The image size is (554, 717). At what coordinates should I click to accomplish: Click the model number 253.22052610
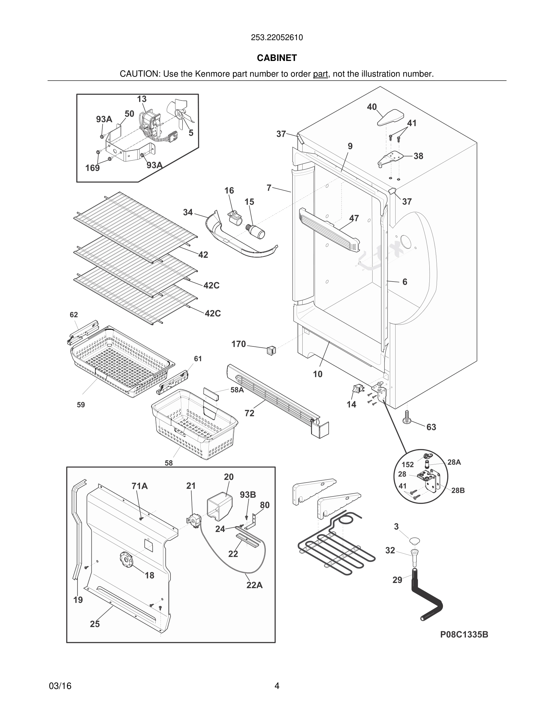coord(277,38)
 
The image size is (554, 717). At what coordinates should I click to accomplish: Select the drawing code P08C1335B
coord(464,635)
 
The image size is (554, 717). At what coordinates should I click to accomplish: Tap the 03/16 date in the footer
coord(60,686)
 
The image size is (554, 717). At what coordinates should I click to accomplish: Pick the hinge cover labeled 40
coord(390,117)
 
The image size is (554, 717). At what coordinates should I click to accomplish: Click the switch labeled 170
coord(271,351)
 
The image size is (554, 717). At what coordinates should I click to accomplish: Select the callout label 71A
coord(139,486)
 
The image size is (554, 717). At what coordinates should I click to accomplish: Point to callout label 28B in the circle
coord(458,490)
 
